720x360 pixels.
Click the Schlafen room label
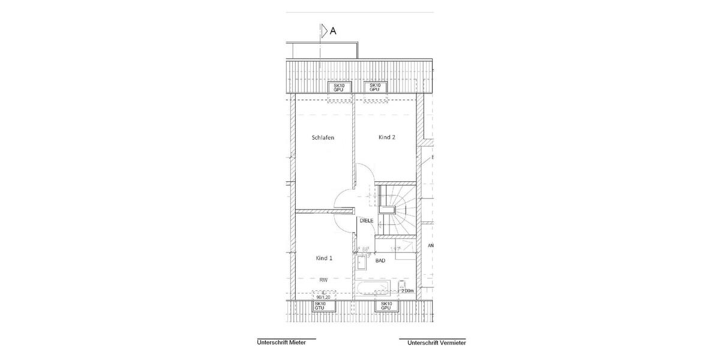[323, 137]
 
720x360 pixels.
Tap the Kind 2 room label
[386, 137]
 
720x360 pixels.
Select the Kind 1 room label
[324, 258]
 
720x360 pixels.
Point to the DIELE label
[367, 221]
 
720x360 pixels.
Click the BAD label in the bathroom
[380, 261]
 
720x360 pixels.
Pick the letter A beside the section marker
[333, 31]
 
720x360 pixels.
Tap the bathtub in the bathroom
[372, 289]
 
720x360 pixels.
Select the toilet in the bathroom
[402, 285]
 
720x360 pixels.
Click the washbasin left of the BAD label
[362, 262]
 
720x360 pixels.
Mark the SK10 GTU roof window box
[320, 306]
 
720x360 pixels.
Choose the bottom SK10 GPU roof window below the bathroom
[385, 306]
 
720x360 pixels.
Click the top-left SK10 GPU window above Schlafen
[339, 88]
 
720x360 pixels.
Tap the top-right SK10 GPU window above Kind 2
[376, 88]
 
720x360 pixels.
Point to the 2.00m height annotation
[407, 291]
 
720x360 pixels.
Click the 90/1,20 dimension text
[322, 296]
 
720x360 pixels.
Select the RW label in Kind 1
[323, 280]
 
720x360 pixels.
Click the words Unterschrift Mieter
[281, 343]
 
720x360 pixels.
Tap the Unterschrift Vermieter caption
[436, 343]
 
